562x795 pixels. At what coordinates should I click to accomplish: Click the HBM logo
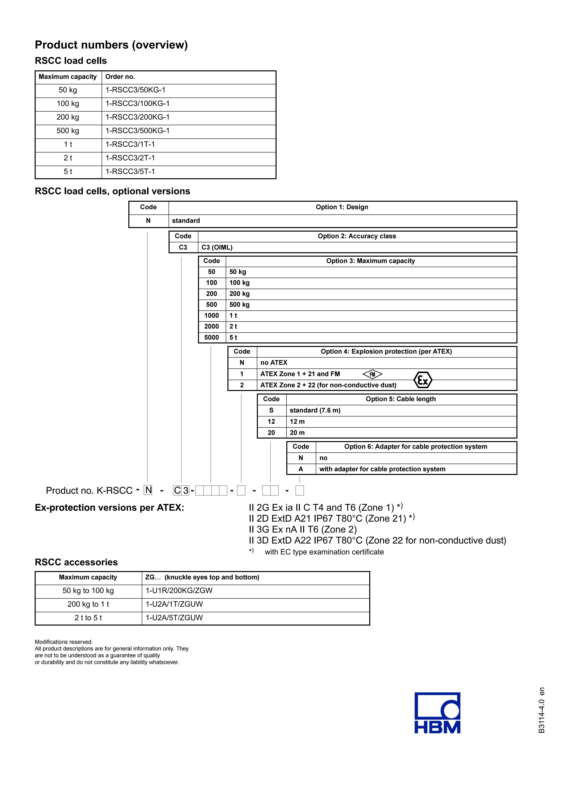[x=437, y=713]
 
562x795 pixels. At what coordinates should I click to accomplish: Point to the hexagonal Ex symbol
[x=423, y=380]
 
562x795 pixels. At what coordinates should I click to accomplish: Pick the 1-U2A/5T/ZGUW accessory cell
[x=174, y=618]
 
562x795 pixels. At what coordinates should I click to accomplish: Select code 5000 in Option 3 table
[x=212, y=337]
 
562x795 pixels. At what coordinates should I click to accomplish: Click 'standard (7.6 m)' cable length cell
[x=315, y=410]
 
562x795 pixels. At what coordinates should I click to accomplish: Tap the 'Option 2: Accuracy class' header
[x=357, y=236]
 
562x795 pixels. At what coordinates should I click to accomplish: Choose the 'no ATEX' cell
[x=274, y=363]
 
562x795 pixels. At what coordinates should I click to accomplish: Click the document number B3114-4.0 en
[x=542, y=710]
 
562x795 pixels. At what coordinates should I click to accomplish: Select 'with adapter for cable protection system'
[x=382, y=469]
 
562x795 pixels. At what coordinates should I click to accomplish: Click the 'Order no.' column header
[x=120, y=77]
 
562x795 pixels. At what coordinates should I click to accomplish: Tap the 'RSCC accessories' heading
[x=76, y=562]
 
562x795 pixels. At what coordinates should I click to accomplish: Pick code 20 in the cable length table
[x=271, y=433]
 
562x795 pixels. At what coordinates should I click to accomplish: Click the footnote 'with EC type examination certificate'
[x=324, y=552]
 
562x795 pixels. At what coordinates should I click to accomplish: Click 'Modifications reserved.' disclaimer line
[x=64, y=642]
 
